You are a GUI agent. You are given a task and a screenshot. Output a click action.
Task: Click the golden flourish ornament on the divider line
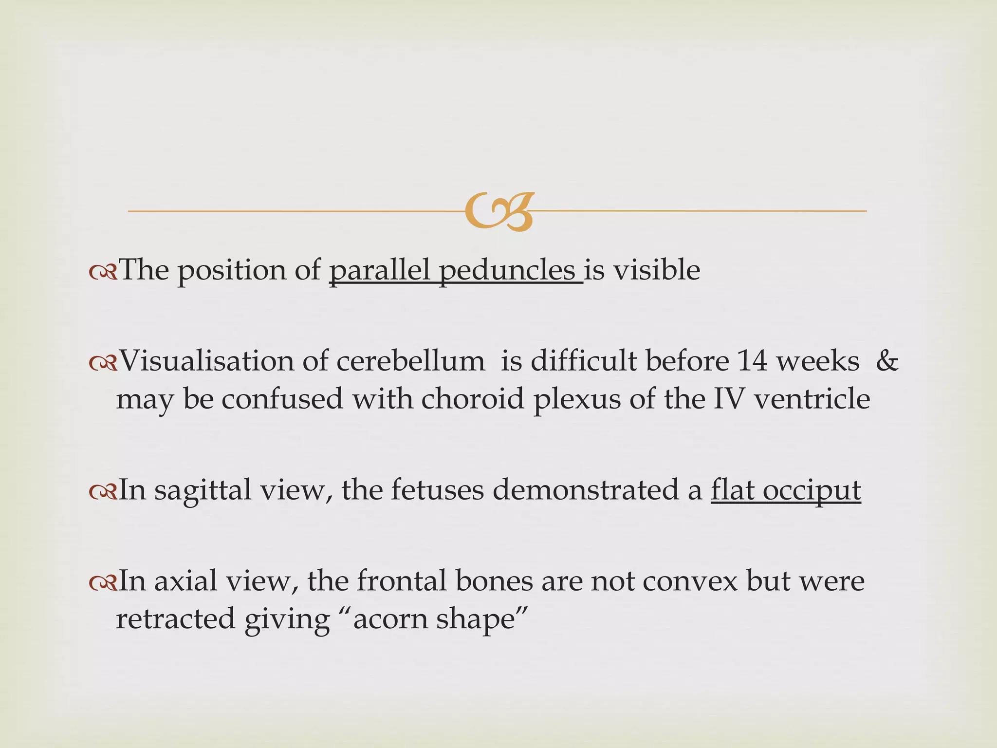click(x=499, y=211)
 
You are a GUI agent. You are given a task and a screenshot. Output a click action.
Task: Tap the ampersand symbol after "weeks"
click(x=886, y=361)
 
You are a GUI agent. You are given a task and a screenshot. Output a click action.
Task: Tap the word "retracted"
click(x=176, y=619)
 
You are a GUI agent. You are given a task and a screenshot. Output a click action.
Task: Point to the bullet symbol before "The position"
click(x=103, y=271)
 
